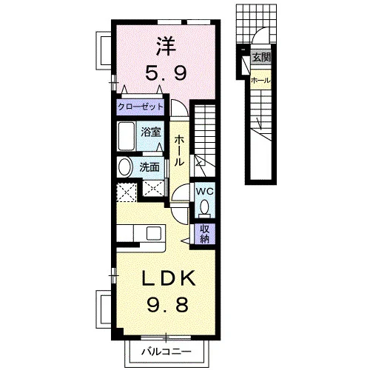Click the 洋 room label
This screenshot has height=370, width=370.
166,46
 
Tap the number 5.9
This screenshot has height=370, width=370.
166,73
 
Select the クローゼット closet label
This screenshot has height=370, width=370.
141,107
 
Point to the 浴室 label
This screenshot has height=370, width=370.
151,132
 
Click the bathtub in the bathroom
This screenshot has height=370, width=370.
126,136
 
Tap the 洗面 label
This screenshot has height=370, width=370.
149,167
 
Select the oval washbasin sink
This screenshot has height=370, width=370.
126,167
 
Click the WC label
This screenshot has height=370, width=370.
204,192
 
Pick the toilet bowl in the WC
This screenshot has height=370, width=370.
204,209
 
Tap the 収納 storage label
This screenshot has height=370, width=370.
204,234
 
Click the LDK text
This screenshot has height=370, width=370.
169,278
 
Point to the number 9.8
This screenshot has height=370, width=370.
168,304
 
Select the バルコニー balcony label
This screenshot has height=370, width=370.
166,351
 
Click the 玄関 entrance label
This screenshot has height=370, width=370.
261,58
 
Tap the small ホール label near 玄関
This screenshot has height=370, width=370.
260,81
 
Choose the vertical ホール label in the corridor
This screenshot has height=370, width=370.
179,151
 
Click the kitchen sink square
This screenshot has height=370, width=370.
154,233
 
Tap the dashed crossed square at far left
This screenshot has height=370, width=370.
126,192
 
